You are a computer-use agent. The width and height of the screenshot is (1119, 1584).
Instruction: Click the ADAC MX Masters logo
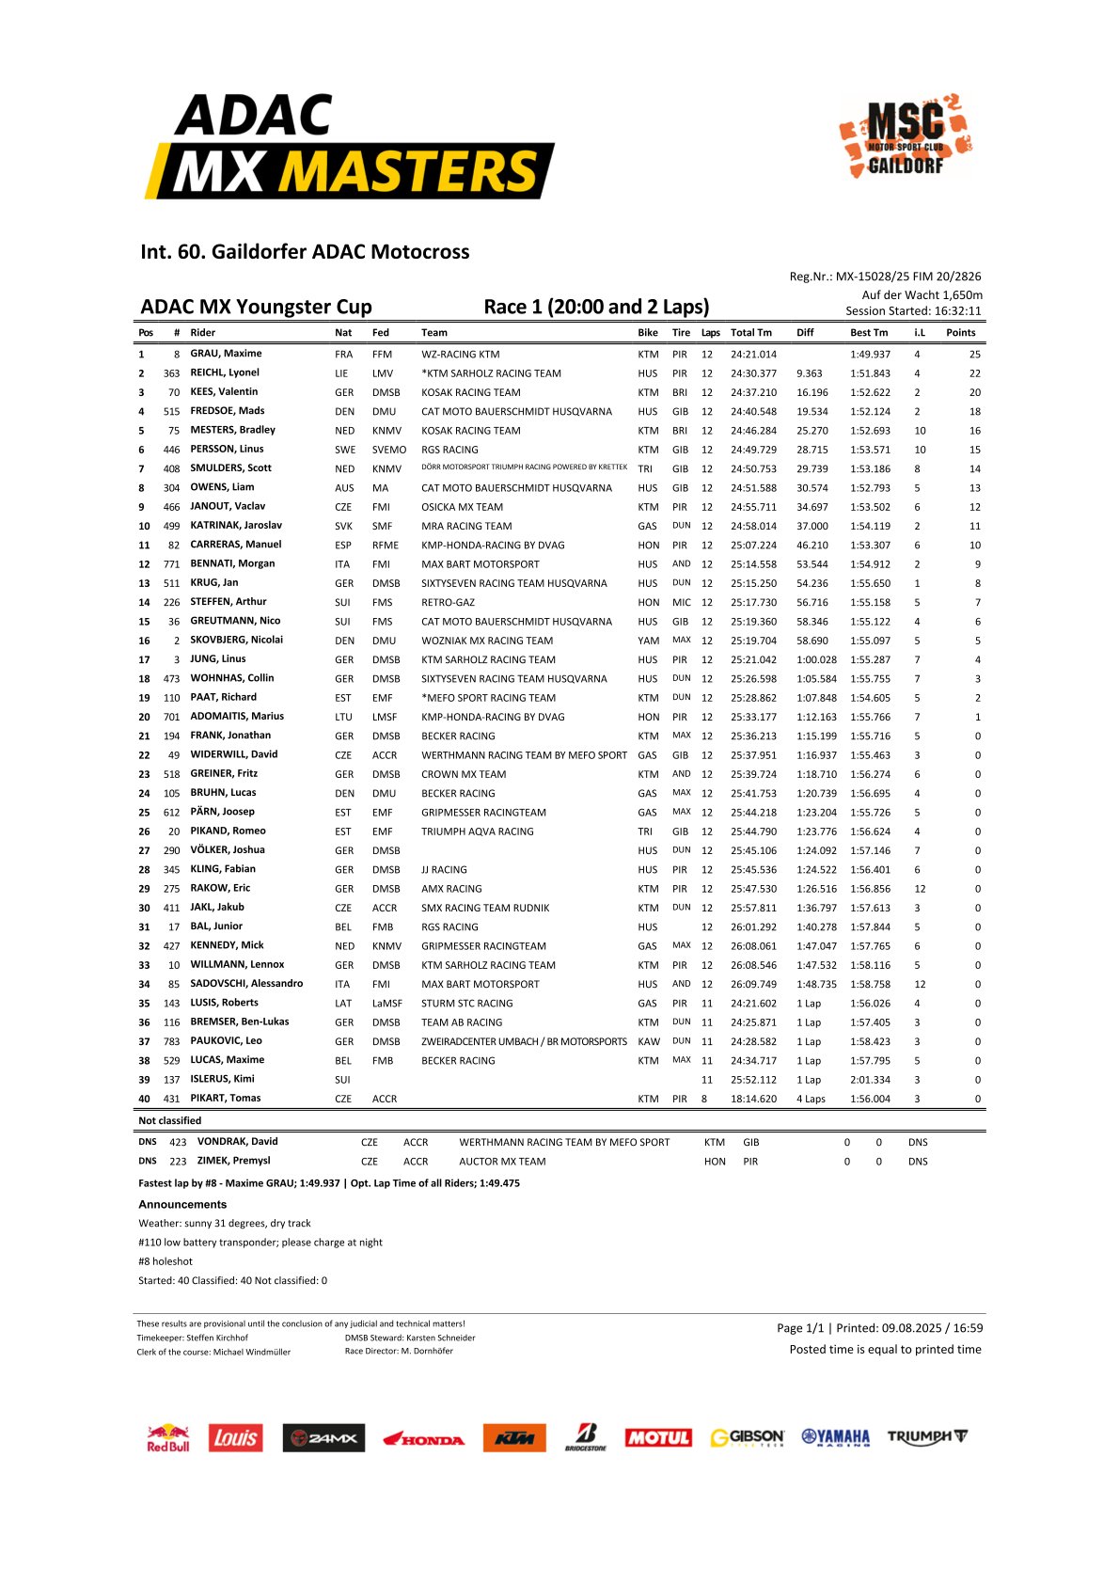pos(349,147)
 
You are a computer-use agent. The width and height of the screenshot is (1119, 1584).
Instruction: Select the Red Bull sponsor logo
pos(167,1438)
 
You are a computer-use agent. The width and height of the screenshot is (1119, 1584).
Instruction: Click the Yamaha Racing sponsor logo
pos(835,1437)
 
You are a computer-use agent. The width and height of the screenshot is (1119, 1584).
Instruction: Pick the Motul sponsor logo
pos(658,1438)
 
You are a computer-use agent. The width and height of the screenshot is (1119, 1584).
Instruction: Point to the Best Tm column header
pos(868,333)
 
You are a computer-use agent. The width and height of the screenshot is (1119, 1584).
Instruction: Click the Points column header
pos(960,333)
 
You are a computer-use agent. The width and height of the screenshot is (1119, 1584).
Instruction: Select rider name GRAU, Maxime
pos(226,354)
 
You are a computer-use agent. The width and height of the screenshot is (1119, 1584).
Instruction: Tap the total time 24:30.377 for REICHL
pos(753,373)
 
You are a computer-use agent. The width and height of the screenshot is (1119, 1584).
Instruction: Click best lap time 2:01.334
pos(870,1080)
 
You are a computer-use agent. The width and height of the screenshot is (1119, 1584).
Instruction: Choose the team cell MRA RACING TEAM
pos(466,526)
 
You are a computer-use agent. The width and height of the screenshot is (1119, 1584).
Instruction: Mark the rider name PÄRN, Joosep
pos(222,812)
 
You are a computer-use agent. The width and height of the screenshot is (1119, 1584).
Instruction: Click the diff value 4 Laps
pos(811,1099)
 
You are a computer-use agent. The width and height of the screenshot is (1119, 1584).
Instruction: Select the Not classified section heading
pos(169,1121)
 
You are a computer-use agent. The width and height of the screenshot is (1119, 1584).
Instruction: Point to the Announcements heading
pos(182,1204)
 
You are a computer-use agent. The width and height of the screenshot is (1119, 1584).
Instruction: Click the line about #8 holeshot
pos(165,1261)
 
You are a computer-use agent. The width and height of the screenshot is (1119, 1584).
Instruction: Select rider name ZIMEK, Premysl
pos(233,1161)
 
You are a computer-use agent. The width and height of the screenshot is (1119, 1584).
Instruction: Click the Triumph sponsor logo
pos(927,1437)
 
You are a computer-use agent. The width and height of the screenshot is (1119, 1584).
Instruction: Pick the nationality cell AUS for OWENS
pos(344,488)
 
